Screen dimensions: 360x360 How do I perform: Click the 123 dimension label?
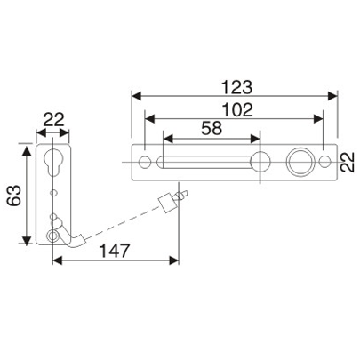[237, 87]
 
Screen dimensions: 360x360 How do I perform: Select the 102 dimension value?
[236, 110]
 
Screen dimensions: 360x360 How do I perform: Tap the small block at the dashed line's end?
[166, 203]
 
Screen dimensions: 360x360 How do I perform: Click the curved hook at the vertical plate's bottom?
[79, 238]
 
